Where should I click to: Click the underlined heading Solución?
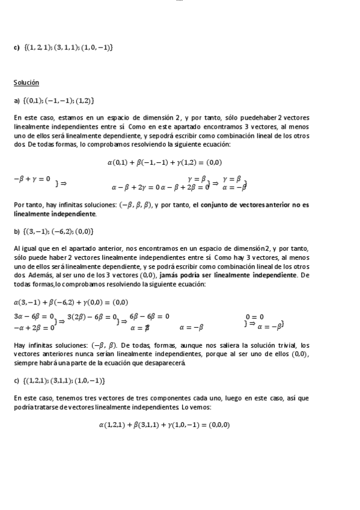(x=26, y=82)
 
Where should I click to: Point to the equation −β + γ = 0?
(x=32, y=179)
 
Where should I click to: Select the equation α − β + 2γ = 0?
(x=135, y=187)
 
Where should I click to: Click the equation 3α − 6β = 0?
(x=34, y=316)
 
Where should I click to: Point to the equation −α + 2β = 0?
(x=34, y=328)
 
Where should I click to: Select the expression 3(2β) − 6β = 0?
(x=91, y=316)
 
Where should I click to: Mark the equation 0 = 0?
(x=254, y=316)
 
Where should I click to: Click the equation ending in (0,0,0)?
(x=165, y=425)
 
